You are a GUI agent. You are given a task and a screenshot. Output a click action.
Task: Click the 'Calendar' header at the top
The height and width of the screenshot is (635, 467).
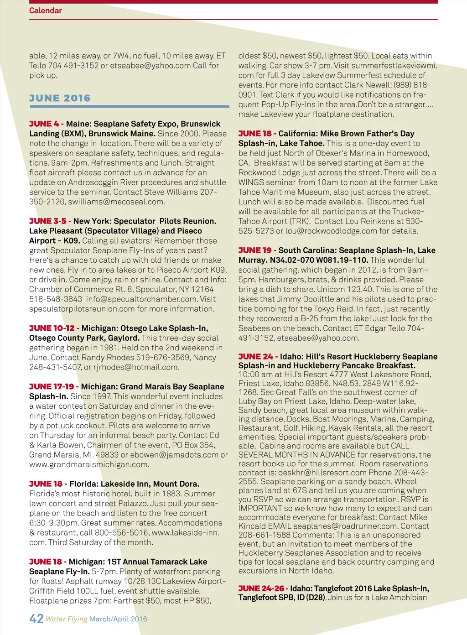tap(45, 10)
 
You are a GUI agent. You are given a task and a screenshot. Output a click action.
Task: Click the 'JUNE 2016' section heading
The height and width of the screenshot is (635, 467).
tap(60, 98)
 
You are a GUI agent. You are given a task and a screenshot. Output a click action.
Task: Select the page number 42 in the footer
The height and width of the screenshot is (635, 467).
tap(36, 619)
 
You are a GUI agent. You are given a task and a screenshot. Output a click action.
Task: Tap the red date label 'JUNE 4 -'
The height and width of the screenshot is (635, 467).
tap(46, 124)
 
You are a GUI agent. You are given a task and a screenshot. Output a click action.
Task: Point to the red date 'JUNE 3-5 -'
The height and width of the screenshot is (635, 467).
tap(50, 221)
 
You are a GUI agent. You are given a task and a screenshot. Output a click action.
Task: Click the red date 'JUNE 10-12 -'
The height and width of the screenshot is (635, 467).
tap(54, 328)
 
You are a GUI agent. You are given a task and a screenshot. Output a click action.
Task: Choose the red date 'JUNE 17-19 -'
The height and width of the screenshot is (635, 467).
tap(54, 387)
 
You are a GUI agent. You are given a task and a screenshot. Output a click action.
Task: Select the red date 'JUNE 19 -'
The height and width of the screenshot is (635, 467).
tap(257, 250)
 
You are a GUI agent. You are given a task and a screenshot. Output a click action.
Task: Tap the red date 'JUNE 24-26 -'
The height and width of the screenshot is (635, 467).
tap(263, 589)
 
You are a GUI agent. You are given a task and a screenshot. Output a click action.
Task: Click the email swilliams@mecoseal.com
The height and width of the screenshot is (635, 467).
tap(116, 202)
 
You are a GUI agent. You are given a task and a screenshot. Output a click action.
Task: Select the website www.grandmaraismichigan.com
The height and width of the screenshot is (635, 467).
tap(88, 464)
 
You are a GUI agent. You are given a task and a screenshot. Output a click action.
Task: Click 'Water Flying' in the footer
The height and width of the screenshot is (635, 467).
tap(67, 619)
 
